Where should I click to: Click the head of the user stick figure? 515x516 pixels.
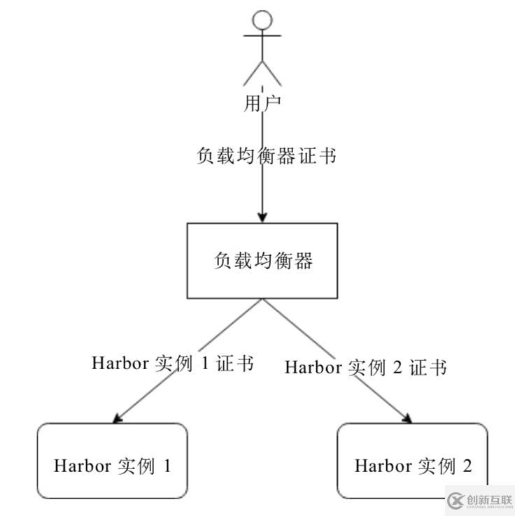(x=262, y=20)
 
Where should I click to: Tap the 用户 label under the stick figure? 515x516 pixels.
(x=262, y=104)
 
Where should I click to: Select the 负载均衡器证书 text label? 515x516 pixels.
(x=267, y=156)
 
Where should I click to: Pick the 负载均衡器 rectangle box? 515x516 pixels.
(x=262, y=260)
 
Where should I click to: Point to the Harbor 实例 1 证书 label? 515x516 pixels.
(x=172, y=364)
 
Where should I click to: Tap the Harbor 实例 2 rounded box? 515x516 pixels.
(x=413, y=461)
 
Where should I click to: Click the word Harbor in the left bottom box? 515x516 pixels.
(x=77, y=466)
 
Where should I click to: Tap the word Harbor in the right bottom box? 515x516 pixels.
(x=379, y=466)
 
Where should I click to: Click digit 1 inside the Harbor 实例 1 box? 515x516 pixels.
(x=167, y=466)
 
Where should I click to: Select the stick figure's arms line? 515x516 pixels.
(x=262, y=35)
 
